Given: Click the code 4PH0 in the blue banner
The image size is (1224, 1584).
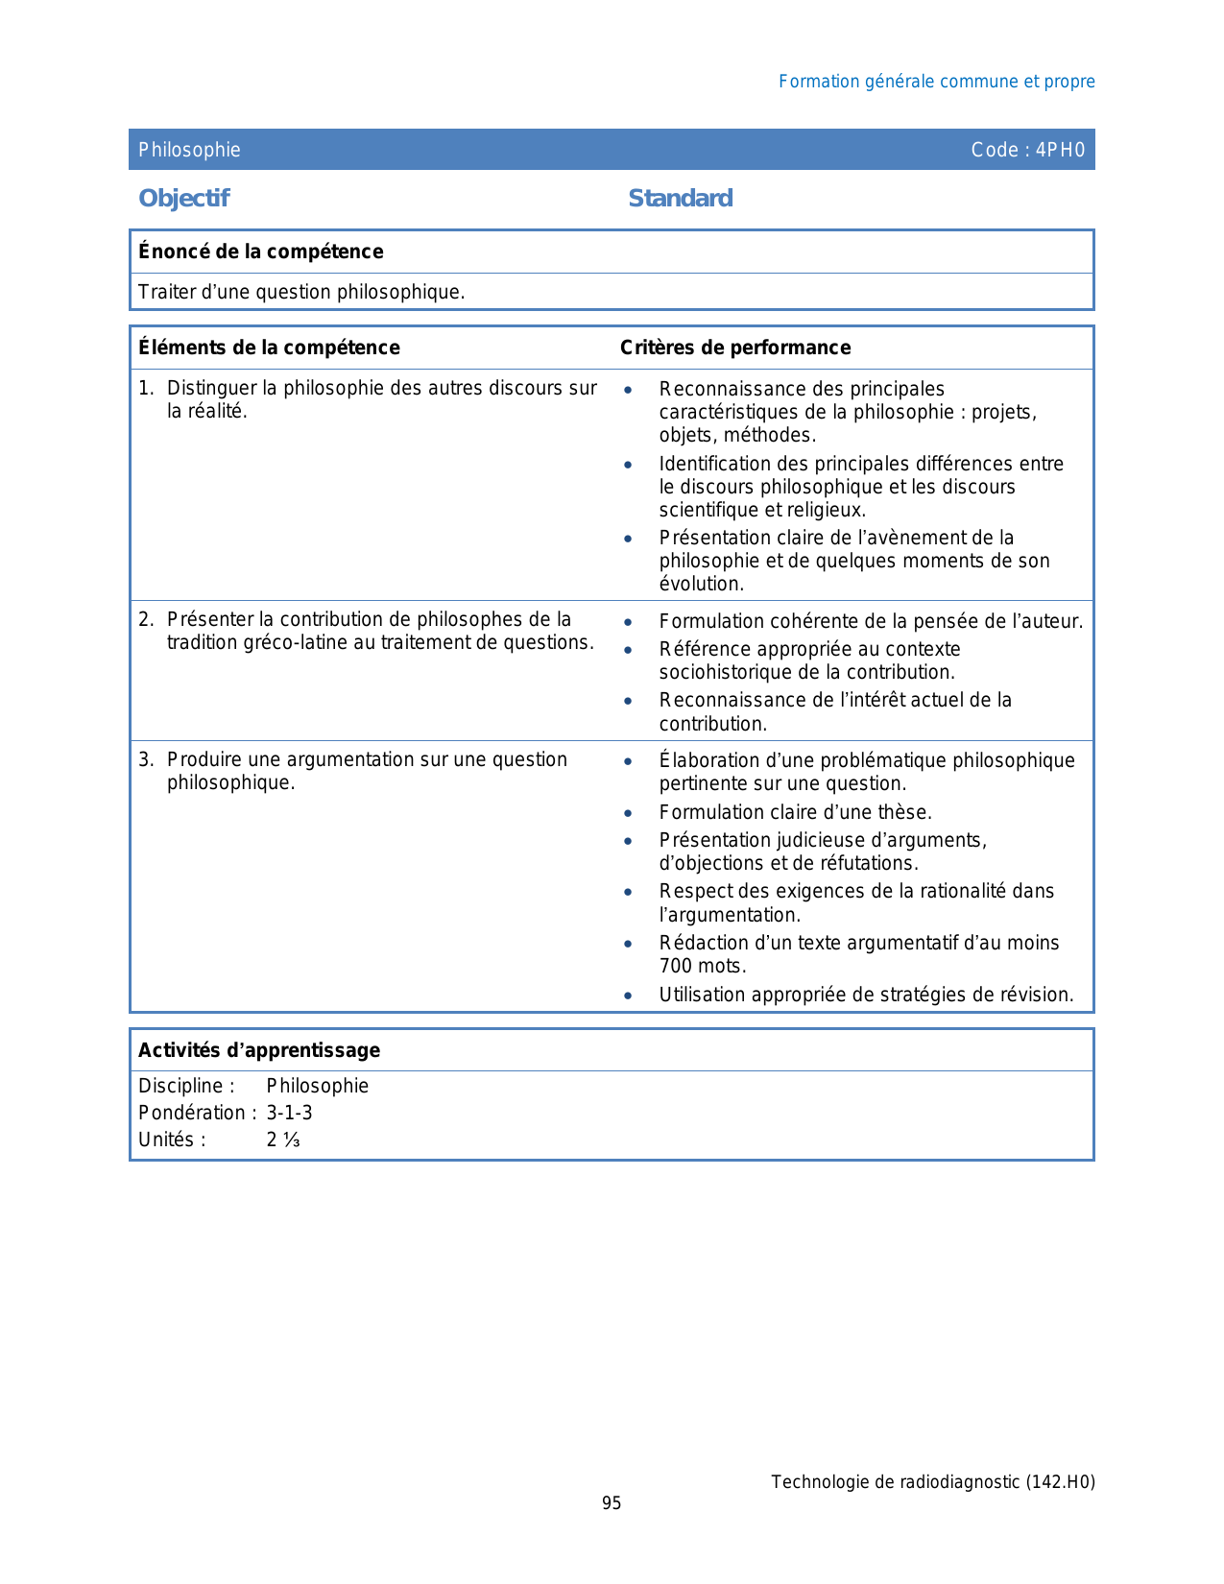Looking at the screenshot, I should [1060, 150].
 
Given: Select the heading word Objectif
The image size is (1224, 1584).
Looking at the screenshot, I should [183, 198].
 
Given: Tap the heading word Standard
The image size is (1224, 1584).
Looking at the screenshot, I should [680, 198].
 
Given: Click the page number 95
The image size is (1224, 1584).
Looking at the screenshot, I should [612, 1503].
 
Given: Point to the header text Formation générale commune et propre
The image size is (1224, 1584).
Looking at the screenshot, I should [936, 82].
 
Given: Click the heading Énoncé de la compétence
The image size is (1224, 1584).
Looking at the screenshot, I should [260, 252].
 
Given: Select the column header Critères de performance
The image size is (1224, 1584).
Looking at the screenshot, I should [734, 348].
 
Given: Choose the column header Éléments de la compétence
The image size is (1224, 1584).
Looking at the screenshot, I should [269, 348].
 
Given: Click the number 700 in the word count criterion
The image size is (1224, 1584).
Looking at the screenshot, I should [676, 966].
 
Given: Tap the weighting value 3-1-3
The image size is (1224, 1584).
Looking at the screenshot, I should [289, 1113].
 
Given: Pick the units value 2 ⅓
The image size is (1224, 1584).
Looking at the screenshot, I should [283, 1140].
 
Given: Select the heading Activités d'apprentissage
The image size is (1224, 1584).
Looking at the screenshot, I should [259, 1050].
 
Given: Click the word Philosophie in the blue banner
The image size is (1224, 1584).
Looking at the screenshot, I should [189, 150].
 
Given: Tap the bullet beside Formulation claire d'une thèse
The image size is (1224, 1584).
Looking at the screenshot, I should [628, 813].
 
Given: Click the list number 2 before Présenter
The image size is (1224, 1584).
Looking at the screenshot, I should [144, 619].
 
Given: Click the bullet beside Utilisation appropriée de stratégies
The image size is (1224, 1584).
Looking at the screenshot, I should [628, 996].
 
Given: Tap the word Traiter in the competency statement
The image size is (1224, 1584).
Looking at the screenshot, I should [166, 292].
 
